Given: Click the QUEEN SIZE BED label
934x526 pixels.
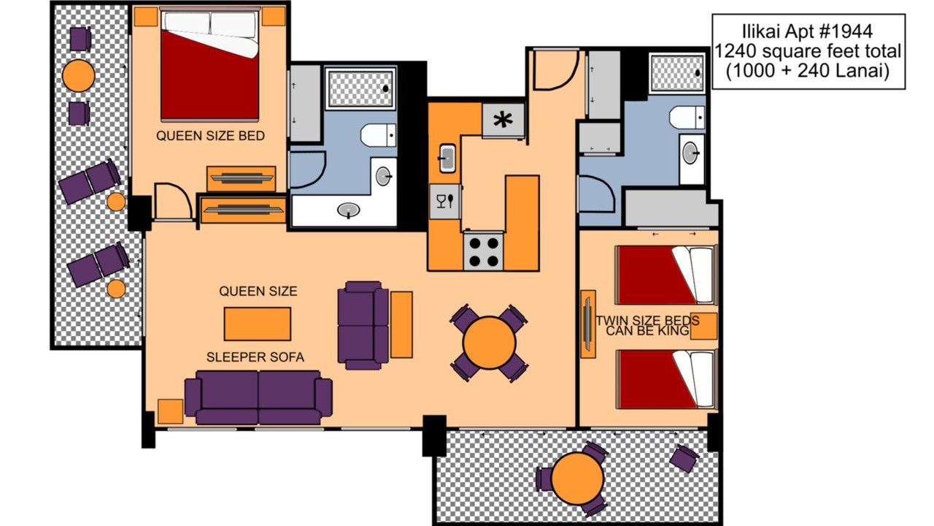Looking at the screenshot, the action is click(x=210, y=136).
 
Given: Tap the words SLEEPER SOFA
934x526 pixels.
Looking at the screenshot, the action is click(x=255, y=357).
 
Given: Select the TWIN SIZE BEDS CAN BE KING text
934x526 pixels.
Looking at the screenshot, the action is click(x=647, y=326).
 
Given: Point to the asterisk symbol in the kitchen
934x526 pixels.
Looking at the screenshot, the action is click(x=503, y=121).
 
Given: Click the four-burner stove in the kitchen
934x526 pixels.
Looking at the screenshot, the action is click(x=484, y=252).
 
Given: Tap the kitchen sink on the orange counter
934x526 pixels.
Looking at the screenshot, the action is click(x=447, y=158).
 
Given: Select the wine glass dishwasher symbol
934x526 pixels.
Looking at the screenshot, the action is click(x=445, y=201).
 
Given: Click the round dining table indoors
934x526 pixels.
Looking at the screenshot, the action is click(x=489, y=343).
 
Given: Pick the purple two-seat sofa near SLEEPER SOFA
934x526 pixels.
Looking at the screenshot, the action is click(x=258, y=397).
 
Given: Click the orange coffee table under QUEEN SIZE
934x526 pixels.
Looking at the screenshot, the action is click(x=258, y=324).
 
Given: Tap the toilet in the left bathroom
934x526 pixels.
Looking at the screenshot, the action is click(x=378, y=135).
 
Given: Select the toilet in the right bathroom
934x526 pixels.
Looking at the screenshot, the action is click(x=687, y=117).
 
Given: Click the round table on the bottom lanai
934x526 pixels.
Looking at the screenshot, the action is click(x=577, y=479).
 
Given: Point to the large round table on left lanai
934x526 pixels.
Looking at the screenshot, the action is click(x=78, y=75).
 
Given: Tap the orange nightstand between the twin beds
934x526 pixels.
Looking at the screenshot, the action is click(x=704, y=326).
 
